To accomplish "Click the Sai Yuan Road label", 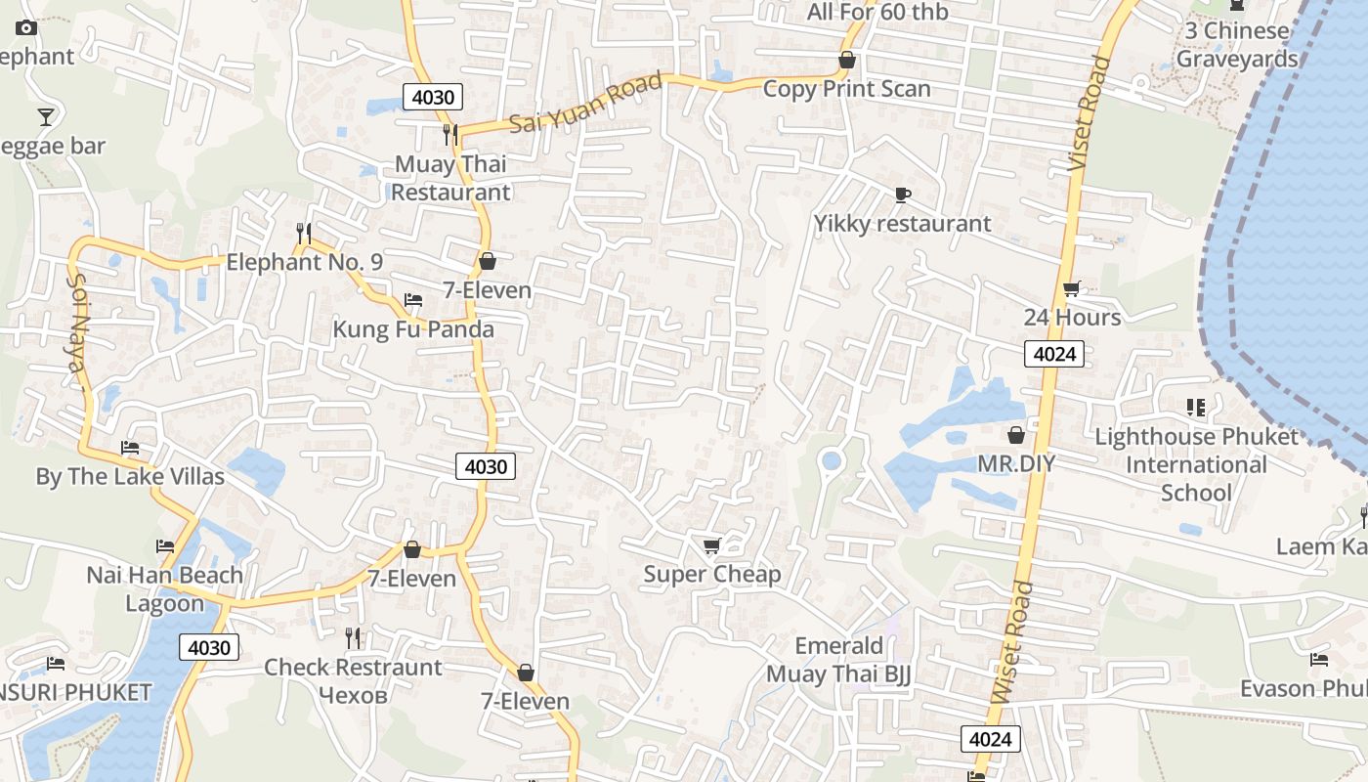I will pos(586,104).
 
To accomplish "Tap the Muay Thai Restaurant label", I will pos(450,178).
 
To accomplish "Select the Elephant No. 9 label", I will pos(304,262).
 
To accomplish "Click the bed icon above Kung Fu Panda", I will pos(413,299).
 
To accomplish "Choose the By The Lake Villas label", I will pos(130,477).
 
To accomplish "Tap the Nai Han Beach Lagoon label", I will pos(165,588).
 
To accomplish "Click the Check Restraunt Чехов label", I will pos(353,680).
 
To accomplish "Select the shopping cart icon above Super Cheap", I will pos(711,545).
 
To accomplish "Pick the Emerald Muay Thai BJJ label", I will pos(838,660).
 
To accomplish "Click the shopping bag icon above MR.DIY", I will pos(1016,435).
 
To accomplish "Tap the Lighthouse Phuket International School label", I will pos(1197,464).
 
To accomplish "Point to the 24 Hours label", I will pos(1072,318).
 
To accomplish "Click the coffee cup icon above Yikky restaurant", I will pos(902,195).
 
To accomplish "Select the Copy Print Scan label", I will pos(846,88).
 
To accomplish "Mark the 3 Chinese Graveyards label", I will pos(1236,44).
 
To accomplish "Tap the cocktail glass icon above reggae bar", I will pos(45,117).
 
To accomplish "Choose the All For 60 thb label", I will pos(876,13).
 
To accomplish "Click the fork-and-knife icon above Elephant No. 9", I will pos(304,233).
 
